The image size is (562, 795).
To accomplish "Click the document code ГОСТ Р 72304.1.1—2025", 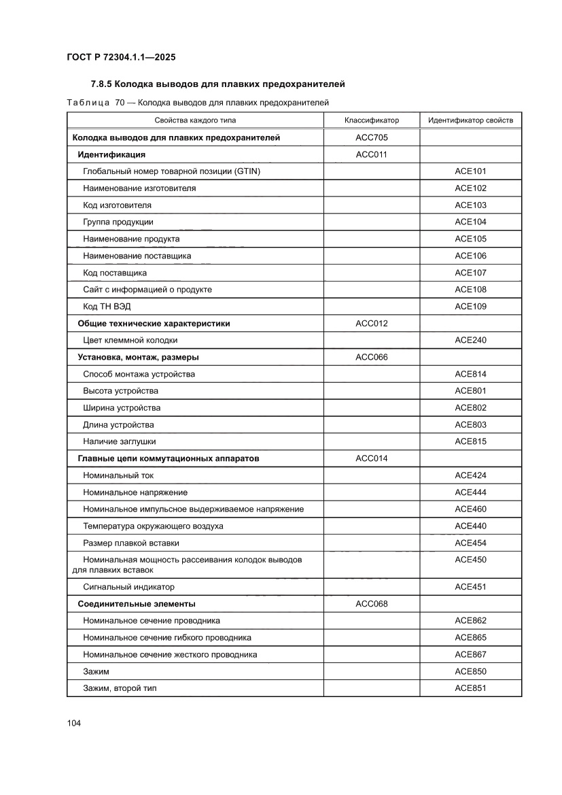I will coord(121,58).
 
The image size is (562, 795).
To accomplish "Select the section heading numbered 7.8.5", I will coord(218,85).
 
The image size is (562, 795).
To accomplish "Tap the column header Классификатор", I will coord(371,120).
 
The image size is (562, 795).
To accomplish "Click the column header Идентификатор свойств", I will coord(470,120).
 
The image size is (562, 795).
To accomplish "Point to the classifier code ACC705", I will coord(371,137).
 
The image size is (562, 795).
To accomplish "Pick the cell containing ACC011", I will coord(371,154).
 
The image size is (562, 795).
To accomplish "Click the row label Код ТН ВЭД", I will coord(107,307).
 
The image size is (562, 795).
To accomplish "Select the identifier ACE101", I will coord(470,171).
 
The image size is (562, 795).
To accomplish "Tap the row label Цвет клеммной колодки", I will coord(130,340).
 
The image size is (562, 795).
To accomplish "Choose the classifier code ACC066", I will coord(371,357).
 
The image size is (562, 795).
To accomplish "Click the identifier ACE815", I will coord(470,442).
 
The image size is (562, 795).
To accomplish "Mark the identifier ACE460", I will coord(470,509).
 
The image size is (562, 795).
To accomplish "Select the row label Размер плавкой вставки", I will coord(131,543).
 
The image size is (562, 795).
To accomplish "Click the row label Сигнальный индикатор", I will coord(128,587).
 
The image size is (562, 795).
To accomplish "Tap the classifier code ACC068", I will coord(371,604).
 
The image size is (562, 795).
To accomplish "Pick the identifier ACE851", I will coord(470,688).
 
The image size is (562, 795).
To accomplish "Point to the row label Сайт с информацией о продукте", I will coord(147,290).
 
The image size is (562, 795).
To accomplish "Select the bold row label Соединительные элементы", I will coord(137,604).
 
